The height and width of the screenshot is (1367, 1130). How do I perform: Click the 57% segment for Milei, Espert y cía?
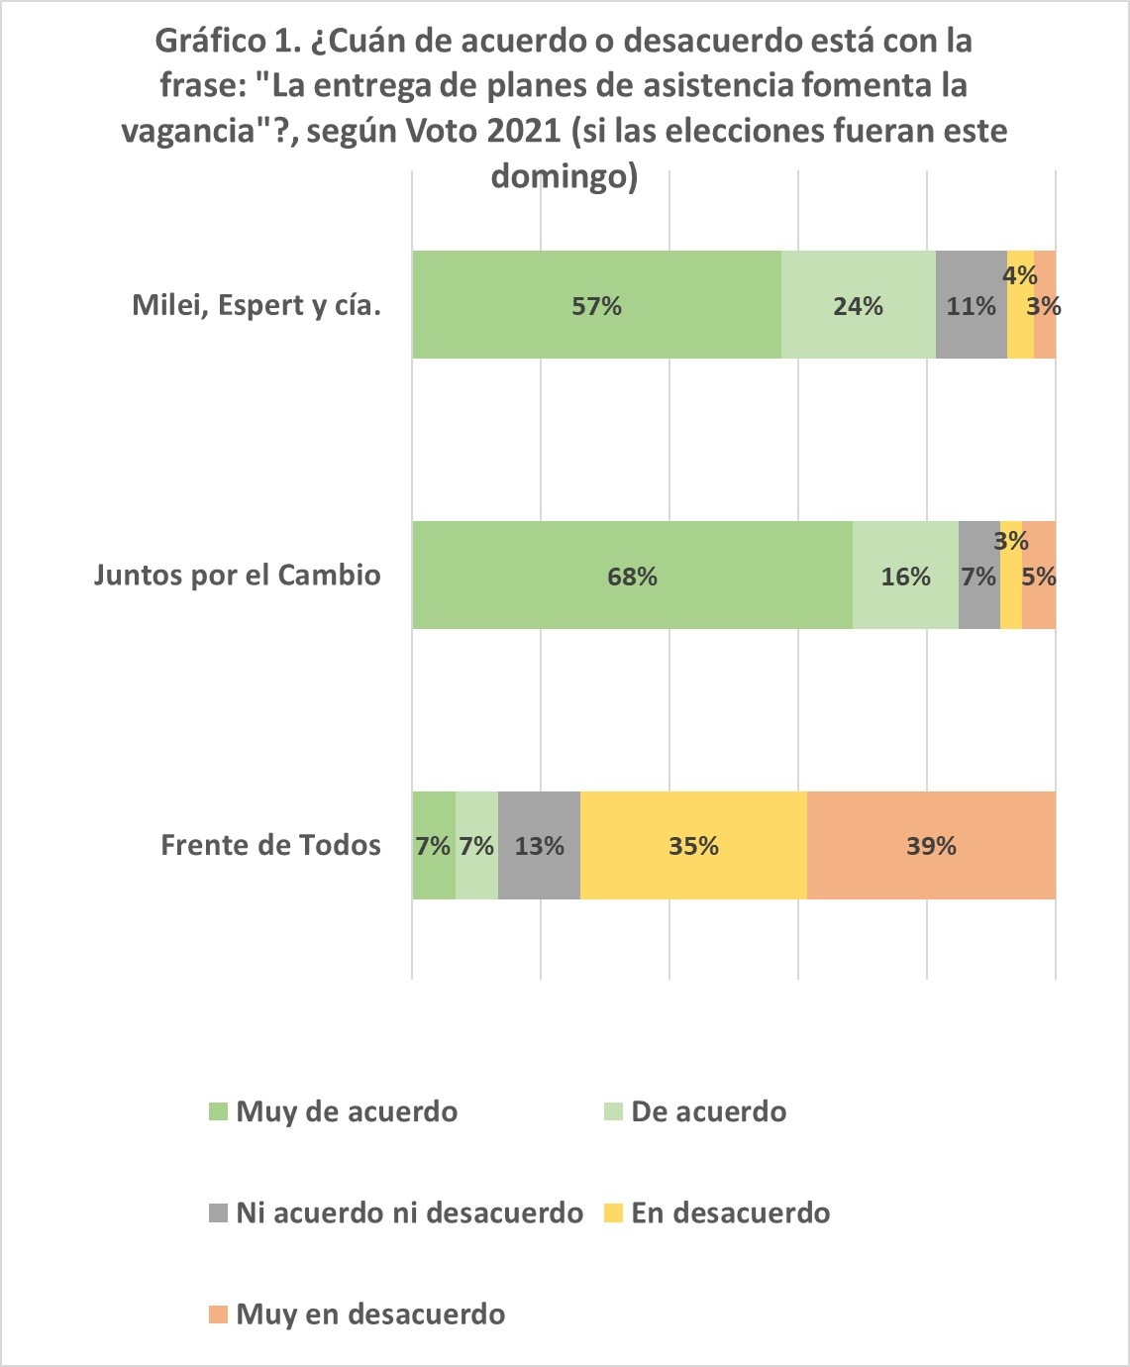point(596,305)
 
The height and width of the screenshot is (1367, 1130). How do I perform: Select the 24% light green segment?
point(858,305)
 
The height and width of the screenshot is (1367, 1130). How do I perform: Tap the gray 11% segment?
point(971,305)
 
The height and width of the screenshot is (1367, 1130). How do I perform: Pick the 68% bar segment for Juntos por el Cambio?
point(632,576)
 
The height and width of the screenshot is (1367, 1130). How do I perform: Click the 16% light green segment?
point(905,576)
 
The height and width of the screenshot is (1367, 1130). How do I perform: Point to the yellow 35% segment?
point(693,846)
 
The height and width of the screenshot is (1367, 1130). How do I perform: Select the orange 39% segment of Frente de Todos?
point(931,846)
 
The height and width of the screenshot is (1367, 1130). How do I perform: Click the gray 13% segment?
point(539,846)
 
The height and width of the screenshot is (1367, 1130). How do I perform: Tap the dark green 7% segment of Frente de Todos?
point(433,846)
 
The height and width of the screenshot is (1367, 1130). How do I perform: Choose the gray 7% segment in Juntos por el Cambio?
point(978,576)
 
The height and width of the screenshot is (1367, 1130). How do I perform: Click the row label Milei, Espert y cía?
point(257,305)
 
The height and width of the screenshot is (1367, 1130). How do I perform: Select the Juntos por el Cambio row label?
point(238,576)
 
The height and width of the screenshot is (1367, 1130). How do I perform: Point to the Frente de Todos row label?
point(270,846)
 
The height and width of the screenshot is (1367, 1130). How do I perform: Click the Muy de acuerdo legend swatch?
point(218,1111)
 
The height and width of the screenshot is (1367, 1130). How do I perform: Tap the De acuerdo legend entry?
point(708,1111)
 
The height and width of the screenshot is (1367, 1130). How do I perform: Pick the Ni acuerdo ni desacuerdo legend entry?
point(408,1212)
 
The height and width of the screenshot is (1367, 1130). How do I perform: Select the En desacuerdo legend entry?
point(730,1212)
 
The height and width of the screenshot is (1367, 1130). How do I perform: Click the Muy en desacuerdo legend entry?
point(369,1314)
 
